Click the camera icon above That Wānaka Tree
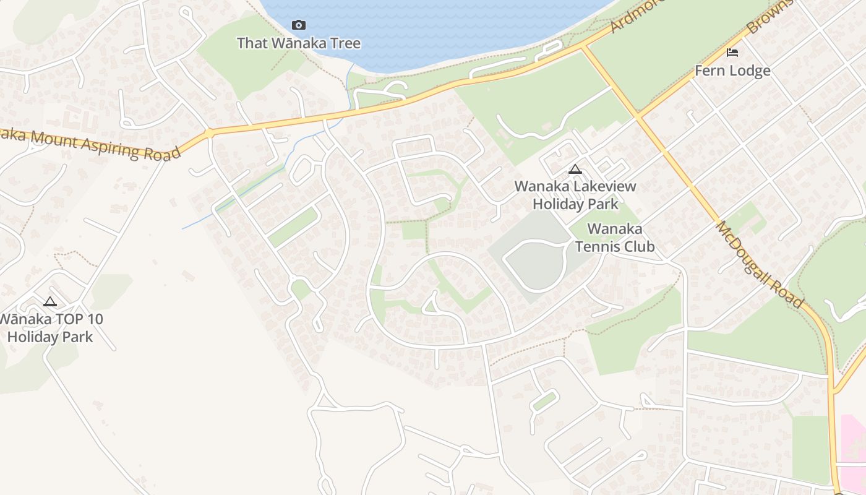299,25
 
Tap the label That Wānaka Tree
299,43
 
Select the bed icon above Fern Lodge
732,53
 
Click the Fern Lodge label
732,71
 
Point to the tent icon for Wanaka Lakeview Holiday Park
575,169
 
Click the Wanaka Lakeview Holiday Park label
575,194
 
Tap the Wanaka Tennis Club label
615,238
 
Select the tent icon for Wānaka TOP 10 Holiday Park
50,302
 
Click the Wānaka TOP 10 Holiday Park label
51,328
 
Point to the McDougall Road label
760,264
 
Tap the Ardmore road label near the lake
637,15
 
